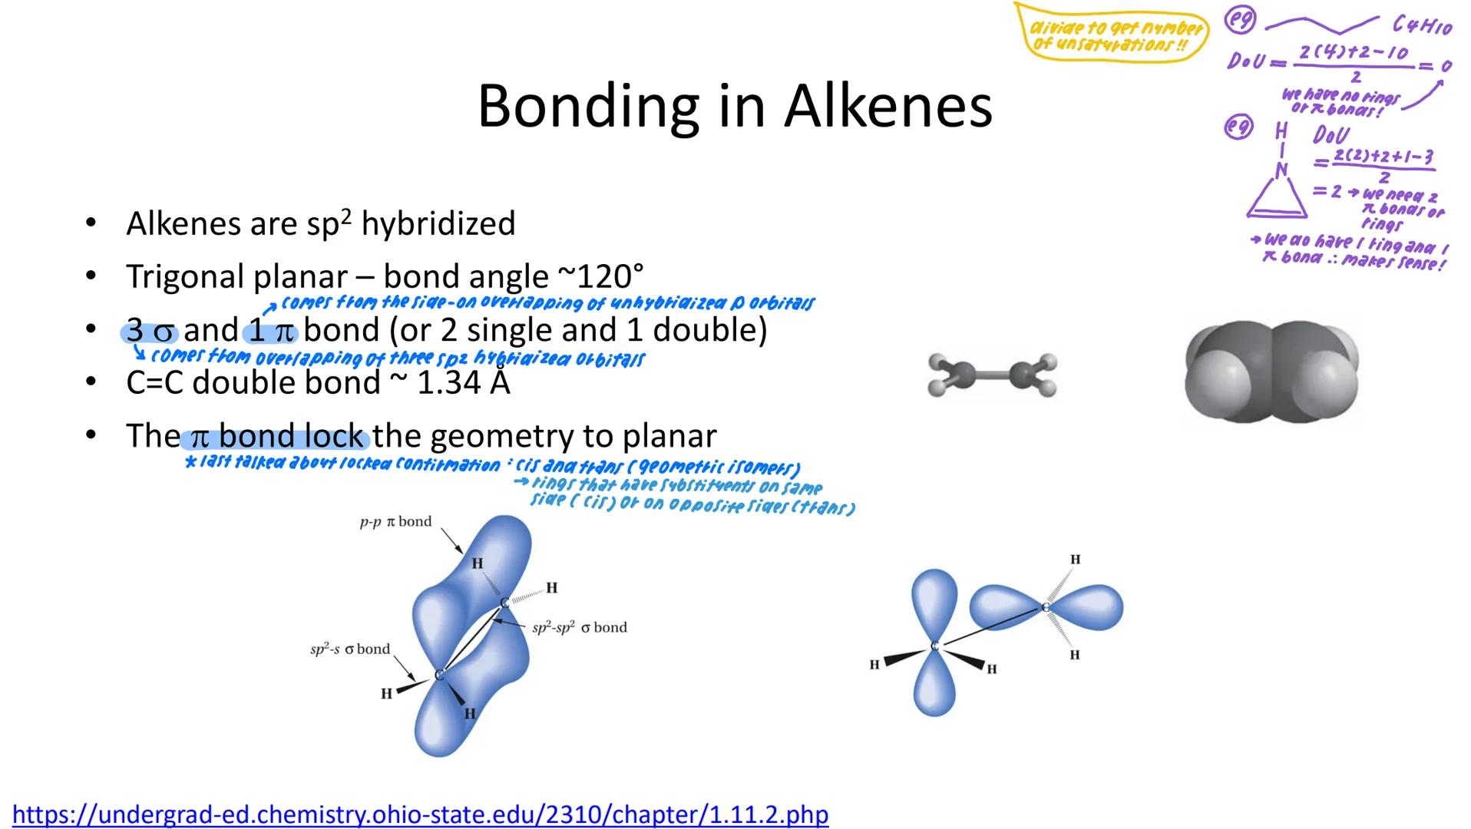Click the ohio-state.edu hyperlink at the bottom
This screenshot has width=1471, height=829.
(420, 814)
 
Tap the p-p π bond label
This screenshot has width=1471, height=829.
(396, 522)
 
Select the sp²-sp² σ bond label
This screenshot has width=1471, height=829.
(580, 627)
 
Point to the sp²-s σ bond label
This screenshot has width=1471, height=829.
(350, 649)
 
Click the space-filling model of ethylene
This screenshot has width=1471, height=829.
(1271, 372)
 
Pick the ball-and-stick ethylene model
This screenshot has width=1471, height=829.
(992, 375)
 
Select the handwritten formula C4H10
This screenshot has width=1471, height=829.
(1422, 27)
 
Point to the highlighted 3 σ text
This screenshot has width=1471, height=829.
(150, 331)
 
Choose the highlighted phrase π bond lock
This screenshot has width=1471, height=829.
(276, 437)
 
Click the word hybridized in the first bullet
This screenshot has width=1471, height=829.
(438, 224)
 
